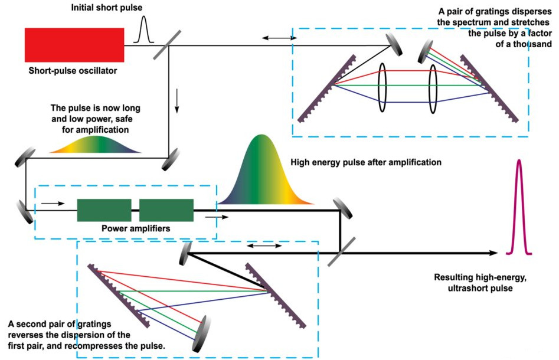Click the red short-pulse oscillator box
74,44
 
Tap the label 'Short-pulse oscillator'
73,71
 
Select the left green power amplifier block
104,210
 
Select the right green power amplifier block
166,210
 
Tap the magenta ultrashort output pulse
519,207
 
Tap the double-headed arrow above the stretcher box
280,38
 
